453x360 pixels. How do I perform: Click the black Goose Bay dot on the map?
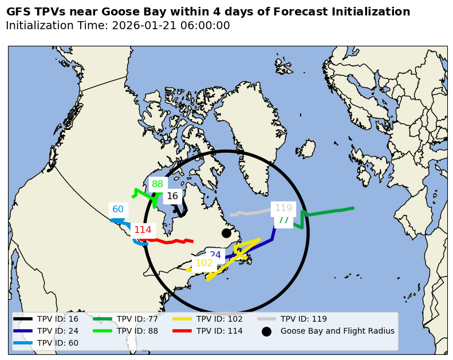(226, 233)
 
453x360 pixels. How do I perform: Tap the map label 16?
(172, 196)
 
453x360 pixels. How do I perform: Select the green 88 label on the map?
(157, 184)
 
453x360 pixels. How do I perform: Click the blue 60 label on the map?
(118, 209)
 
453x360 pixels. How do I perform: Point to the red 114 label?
(143, 230)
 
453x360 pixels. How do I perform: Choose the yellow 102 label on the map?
(204, 263)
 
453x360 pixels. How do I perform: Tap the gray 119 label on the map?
(283, 208)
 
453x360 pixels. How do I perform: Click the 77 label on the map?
(283, 220)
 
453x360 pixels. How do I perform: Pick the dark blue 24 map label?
(215, 255)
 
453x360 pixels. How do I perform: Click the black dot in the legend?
(266, 331)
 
